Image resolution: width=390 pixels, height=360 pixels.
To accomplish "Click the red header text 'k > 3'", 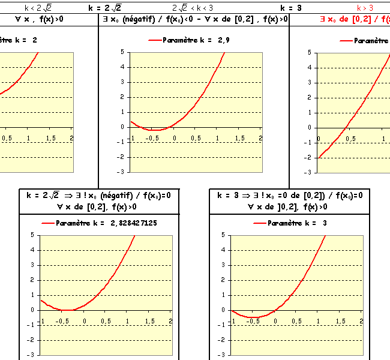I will (365, 8).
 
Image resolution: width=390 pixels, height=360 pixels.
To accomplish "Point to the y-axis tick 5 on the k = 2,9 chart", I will (122, 52).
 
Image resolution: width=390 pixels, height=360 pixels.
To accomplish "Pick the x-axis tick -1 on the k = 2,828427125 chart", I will (42, 322).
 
